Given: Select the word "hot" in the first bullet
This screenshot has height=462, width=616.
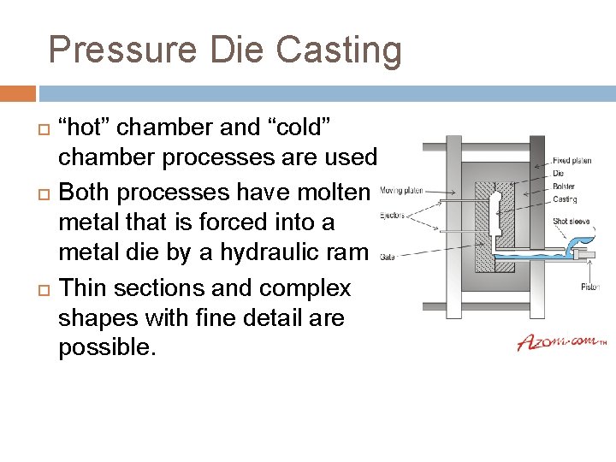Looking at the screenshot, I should (x=86, y=127).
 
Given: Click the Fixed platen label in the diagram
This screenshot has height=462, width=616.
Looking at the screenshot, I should (x=572, y=160).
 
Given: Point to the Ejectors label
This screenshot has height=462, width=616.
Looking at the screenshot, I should (x=392, y=215).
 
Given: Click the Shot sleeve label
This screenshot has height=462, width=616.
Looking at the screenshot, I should (x=571, y=221).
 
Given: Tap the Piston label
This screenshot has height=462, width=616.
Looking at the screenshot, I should (x=590, y=287).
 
